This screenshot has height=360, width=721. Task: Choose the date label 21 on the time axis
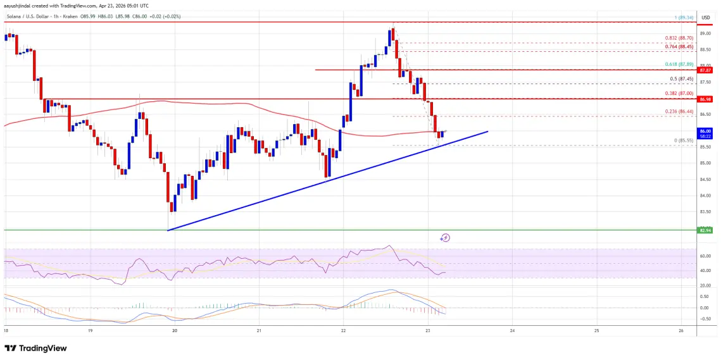point(260,330)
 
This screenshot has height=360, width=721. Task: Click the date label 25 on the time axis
point(596,330)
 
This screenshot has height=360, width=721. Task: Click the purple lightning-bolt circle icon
point(446,238)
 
